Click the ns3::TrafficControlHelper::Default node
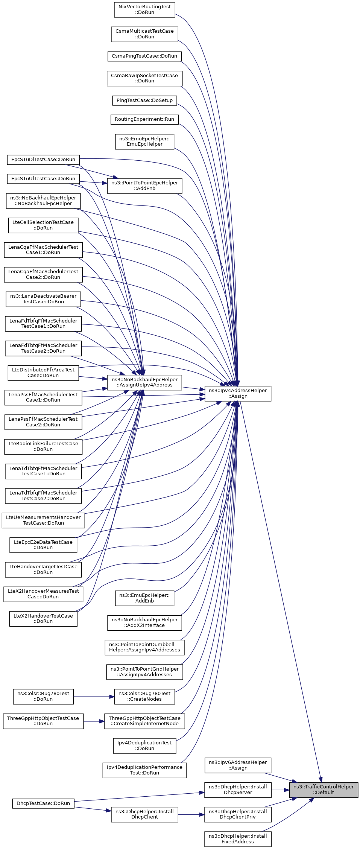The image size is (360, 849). [324, 790]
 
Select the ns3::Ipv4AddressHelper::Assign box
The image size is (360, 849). [238, 393]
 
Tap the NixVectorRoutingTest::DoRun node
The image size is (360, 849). [144, 9]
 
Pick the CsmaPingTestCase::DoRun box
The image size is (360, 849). [144, 56]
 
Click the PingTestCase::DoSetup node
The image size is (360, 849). [144, 100]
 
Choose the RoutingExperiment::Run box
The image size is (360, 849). [144, 119]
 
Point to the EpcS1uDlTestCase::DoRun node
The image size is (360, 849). [43, 160]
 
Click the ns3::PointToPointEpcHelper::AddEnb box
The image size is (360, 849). [144, 186]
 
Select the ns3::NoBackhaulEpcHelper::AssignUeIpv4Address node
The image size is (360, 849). [144, 382]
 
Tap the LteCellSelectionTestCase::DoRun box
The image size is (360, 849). [43, 225]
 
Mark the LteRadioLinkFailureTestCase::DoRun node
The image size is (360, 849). [43, 446]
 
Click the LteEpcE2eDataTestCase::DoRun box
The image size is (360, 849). [43, 545]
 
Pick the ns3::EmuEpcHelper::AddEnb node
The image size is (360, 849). [144, 598]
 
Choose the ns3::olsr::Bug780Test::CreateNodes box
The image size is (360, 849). [144, 696]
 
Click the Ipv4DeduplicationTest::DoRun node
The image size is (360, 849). [144, 746]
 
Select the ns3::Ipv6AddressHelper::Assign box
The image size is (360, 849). [238, 765]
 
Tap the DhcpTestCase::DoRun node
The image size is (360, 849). [43, 803]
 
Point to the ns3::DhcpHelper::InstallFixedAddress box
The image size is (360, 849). [238, 839]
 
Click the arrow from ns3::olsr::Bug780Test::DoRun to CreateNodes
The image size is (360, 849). [94, 697]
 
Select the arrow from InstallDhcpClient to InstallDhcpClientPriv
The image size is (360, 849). [191, 815]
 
